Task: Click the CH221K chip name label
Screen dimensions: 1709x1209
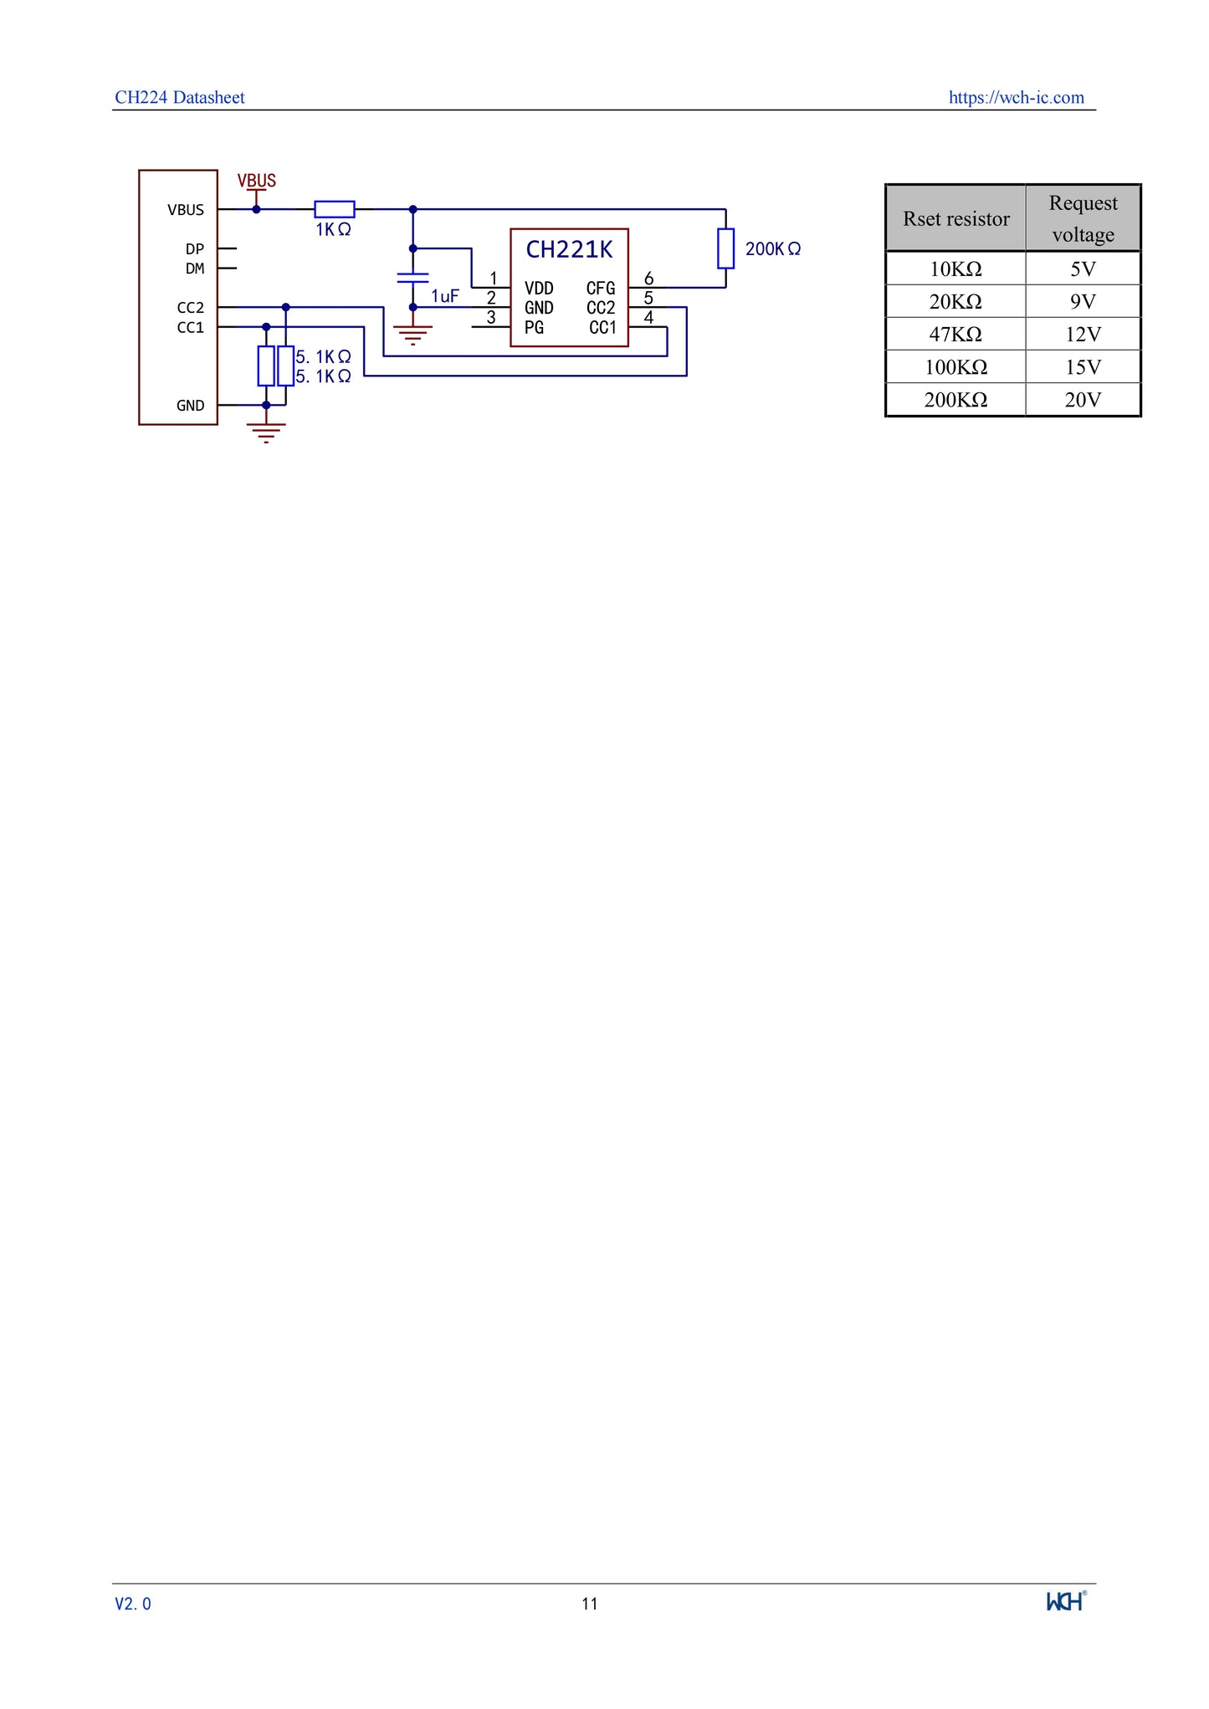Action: [x=569, y=249]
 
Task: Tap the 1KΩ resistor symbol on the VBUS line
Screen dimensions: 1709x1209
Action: [x=334, y=209]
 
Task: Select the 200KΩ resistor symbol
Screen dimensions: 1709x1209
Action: [x=725, y=248]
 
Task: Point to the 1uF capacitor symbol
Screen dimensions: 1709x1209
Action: [x=412, y=278]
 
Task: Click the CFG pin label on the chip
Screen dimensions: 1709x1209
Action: [x=600, y=289]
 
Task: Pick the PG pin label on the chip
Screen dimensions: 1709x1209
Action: [x=534, y=328]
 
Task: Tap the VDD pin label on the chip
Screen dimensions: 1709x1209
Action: [x=539, y=289]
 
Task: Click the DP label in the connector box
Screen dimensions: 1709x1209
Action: [x=194, y=249]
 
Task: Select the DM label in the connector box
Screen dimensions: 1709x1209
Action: [x=194, y=269]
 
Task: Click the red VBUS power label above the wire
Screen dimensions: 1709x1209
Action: [x=256, y=181]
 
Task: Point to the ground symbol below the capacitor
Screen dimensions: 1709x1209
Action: [x=412, y=335]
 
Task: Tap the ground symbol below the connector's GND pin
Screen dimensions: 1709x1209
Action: [x=266, y=432]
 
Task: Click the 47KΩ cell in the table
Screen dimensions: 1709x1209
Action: [x=955, y=335]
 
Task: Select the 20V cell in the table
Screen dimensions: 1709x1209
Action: [x=1083, y=400]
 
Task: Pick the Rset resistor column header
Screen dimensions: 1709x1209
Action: [x=955, y=219]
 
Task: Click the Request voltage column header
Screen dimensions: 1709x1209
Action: [x=1083, y=218]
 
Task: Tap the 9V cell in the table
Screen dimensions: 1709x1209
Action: [x=1083, y=302]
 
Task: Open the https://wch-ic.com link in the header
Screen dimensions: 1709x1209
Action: [x=1016, y=98]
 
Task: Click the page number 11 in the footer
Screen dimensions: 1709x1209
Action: [x=590, y=1604]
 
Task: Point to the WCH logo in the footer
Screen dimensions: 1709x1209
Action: [x=1066, y=1601]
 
